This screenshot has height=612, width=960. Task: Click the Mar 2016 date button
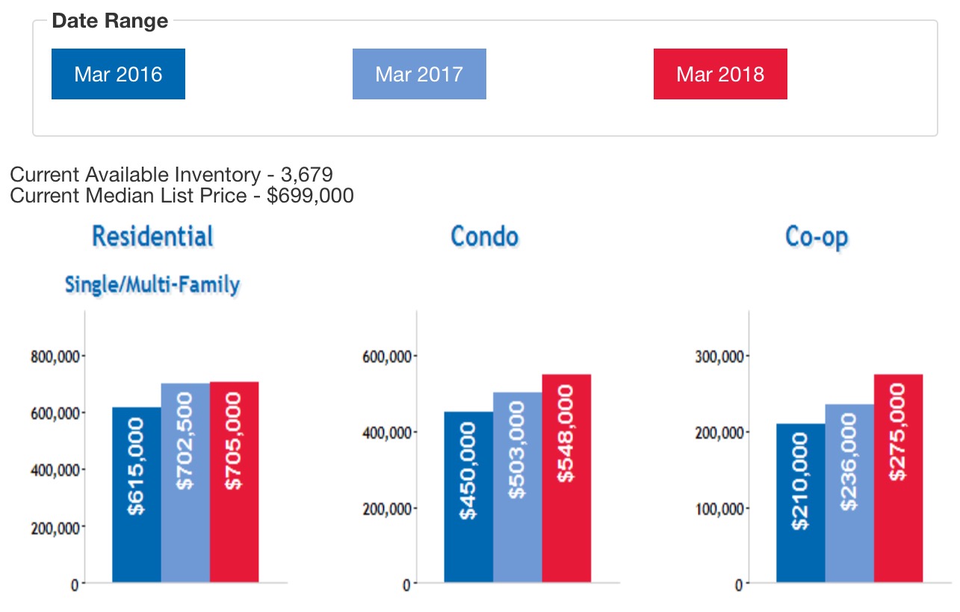pos(118,74)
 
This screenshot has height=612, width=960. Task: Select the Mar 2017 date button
pos(419,74)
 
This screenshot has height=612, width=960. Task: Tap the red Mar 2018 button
pos(720,74)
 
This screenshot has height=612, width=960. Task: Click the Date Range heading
pos(110,21)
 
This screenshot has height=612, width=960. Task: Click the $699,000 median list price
pos(310,196)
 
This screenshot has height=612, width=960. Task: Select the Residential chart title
pos(152,236)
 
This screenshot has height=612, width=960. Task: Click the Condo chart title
pos(484,237)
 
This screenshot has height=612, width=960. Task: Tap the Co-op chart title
pos(817,237)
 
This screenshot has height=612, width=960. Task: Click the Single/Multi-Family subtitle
pos(152,285)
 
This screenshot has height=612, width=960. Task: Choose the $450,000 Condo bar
pos(468,497)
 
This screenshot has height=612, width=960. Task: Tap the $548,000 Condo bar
pos(566,478)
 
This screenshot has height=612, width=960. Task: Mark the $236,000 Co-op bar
pos(849,493)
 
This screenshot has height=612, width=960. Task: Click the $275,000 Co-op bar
pos(898,478)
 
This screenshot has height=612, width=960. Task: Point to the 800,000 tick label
pos(55,356)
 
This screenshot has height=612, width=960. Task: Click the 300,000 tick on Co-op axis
pos(719,356)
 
